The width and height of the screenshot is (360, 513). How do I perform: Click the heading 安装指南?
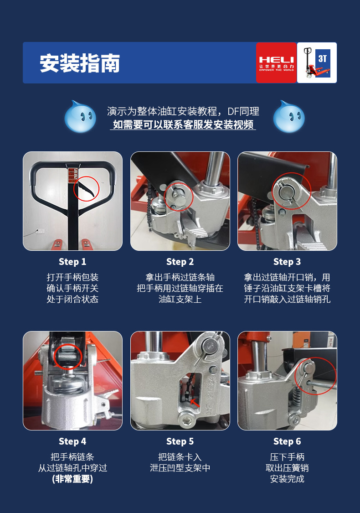click(80, 63)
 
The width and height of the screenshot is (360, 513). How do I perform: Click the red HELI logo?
click(276, 63)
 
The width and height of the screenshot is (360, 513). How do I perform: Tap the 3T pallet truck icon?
click(317, 63)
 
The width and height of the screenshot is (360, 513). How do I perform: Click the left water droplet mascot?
click(80, 117)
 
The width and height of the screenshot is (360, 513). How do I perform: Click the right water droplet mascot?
click(288, 117)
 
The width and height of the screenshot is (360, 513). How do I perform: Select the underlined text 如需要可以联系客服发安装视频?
click(183, 124)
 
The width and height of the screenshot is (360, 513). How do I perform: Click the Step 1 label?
click(72, 262)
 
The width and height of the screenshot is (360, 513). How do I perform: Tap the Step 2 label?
click(180, 262)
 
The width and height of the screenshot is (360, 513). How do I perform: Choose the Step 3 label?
click(287, 262)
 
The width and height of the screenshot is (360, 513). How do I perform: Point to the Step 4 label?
click(72, 441)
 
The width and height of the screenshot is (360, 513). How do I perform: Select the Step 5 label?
click(180, 441)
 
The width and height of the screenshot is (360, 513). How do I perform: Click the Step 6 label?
click(287, 441)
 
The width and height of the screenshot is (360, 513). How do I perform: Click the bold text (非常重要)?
click(72, 479)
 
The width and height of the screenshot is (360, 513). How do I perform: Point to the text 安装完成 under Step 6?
click(287, 479)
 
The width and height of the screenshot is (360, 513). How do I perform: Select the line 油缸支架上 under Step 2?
click(180, 299)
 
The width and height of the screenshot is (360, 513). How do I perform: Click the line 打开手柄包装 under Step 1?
click(72, 277)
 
